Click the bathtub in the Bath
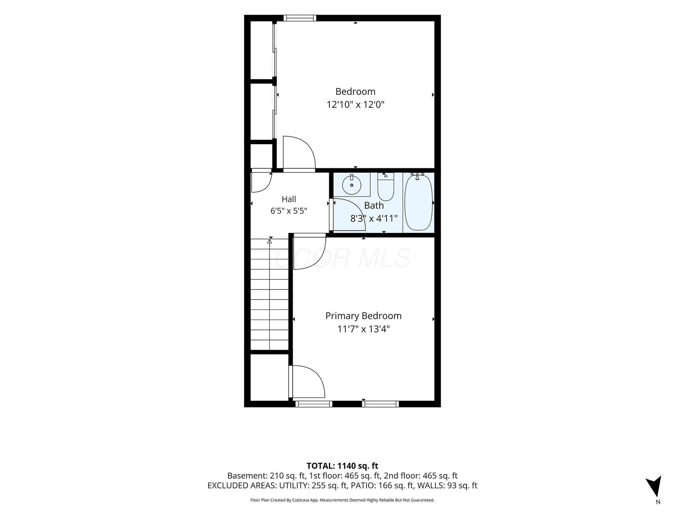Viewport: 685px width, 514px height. point(418,202)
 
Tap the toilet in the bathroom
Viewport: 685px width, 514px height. point(386,186)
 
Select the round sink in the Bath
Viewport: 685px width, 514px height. point(352,185)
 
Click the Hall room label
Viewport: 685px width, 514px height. point(289,199)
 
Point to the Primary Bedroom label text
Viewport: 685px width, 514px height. point(364,316)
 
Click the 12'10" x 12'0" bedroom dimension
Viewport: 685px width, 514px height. point(356,105)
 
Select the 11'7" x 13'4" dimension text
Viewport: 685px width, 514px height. point(364,329)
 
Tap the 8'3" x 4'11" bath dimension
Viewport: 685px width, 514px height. point(374,219)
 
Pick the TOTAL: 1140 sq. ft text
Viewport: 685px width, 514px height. point(342,466)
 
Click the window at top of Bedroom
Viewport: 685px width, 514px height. point(300,18)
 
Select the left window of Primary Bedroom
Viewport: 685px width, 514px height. point(314,404)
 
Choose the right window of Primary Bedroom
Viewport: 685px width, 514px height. point(381,404)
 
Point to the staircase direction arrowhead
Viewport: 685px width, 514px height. point(270,241)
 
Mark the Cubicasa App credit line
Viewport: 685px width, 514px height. point(342,500)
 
